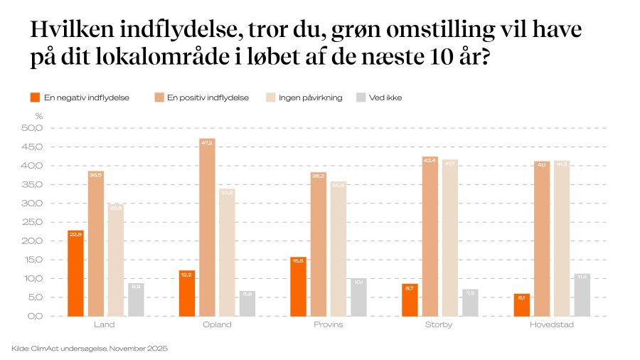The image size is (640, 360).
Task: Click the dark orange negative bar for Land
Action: (x=75, y=273)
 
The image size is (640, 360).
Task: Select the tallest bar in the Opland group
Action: (x=207, y=227)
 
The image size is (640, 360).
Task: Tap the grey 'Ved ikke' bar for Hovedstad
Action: (x=582, y=295)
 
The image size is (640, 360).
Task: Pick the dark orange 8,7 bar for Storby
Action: (x=410, y=300)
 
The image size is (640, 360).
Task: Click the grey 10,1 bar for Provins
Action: (x=358, y=297)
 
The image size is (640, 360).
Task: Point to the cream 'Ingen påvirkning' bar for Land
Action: (x=116, y=260)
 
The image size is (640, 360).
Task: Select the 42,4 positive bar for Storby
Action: (x=430, y=236)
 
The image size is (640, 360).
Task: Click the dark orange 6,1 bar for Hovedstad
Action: (x=521, y=305)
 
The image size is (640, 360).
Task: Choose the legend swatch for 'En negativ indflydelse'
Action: (x=34, y=97)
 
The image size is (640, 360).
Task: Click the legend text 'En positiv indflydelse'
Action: (x=208, y=97)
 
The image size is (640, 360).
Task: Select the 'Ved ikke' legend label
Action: (x=385, y=97)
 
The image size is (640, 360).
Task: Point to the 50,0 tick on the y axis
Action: (x=33, y=128)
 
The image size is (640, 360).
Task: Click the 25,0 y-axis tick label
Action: (x=33, y=222)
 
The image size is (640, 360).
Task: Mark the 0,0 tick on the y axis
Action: (x=35, y=316)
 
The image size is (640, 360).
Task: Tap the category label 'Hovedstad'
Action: (x=551, y=325)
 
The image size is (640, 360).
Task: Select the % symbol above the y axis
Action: (x=39, y=115)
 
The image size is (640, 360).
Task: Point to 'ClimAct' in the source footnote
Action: (x=46, y=349)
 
